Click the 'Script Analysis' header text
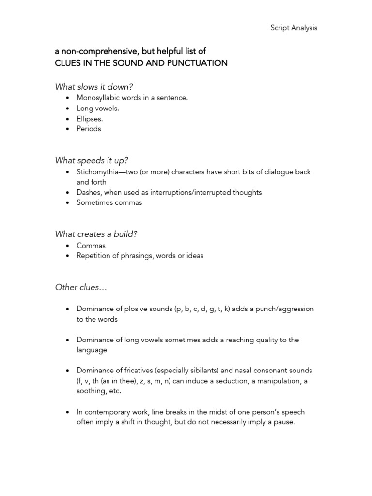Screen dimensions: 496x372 coord(294,28)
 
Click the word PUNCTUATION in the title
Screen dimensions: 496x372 coord(199,63)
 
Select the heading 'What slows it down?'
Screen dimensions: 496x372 coord(94,87)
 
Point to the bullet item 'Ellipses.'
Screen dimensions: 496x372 coord(90,119)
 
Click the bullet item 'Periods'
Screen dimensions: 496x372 coord(89,129)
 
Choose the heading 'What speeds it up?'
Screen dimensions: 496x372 coord(91,160)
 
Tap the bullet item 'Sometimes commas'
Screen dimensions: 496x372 coord(109,202)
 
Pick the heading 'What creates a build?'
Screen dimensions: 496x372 coord(96,234)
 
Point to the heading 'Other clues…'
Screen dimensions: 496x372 coord(81,287)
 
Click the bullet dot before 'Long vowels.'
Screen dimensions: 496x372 coord(67,108)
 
